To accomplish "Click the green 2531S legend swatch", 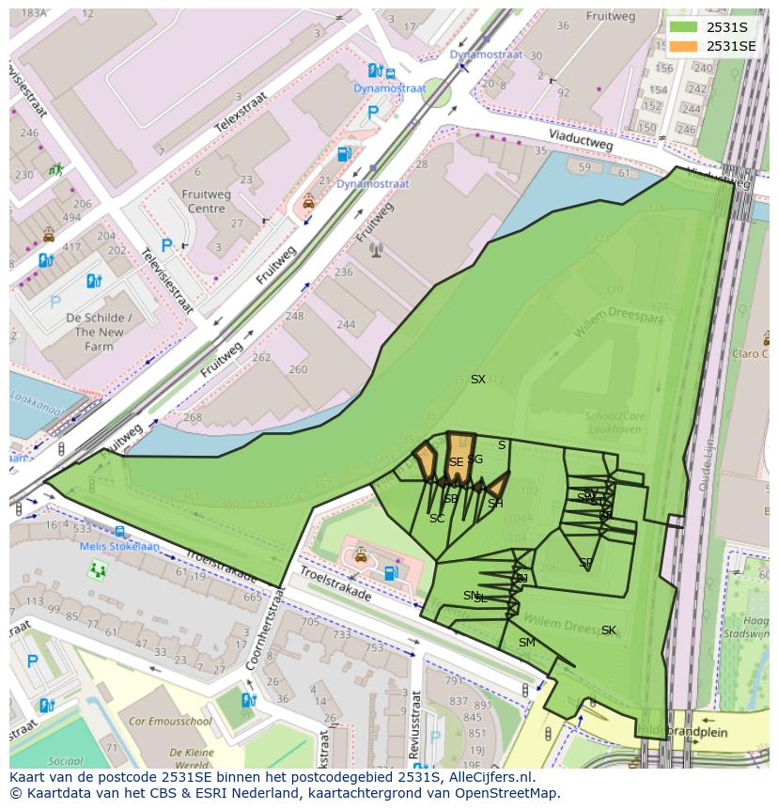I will [683, 27].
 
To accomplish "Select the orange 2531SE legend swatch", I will [683, 46].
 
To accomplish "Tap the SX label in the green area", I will [478, 380].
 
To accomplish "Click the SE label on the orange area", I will [456, 462].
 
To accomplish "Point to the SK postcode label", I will [609, 630].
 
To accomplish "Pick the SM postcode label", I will [526, 643].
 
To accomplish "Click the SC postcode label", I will [437, 519].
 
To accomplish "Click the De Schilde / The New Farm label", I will [99, 333].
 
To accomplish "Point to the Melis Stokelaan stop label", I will [119, 546].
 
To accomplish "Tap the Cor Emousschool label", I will [170, 722].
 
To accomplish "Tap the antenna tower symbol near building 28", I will [376, 250].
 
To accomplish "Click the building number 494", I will [71, 217].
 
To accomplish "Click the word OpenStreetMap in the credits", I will [507, 793].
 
